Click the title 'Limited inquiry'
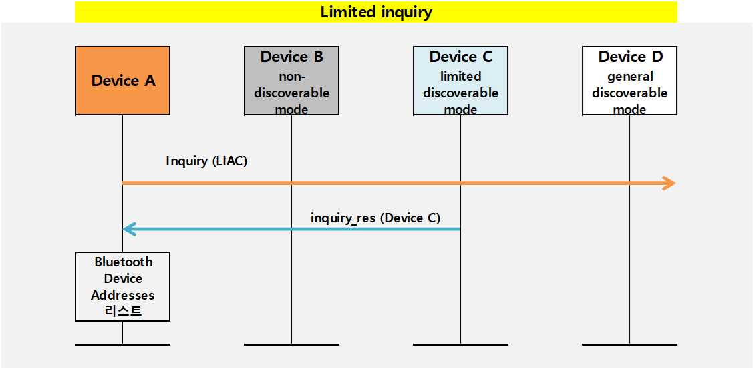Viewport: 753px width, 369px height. (x=376, y=12)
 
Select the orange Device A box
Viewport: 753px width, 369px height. (x=123, y=81)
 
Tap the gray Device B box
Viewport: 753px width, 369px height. (x=291, y=81)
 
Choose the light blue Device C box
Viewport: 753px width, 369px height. (x=460, y=81)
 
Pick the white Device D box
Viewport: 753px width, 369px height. (x=629, y=81)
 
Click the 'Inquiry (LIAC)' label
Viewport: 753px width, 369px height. (x=206, y=161)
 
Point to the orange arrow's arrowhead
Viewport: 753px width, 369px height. (x=669, y=183)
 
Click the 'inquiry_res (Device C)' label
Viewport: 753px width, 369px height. (x=375, y=218)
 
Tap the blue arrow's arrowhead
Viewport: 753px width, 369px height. (x=129, y=229)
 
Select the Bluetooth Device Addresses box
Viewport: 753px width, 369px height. (x=123, y=286)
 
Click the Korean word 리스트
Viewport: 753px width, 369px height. (x=124, y=311)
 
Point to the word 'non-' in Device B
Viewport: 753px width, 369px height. (x=292, y=76)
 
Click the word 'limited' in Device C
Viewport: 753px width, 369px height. (x=460, y=76)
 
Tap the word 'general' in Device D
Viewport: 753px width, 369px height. (x=630, y=76)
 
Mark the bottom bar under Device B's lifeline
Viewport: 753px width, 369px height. (x=291, y=344)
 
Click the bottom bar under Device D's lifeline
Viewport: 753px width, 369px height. (x=629, y=344)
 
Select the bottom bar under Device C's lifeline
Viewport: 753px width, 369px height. (x=460, y=344)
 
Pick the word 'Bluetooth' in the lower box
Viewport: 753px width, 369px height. (x=124, y=262)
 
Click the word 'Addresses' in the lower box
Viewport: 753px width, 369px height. (x=123, y=295)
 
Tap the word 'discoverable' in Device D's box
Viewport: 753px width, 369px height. (x=629, y=93)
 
